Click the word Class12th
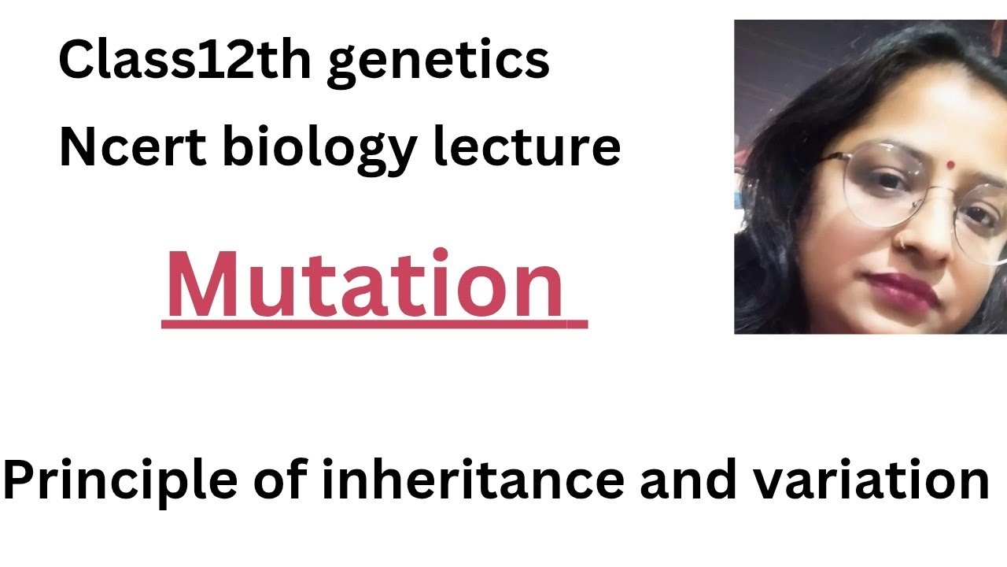click(x=186, y=61)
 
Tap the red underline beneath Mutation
click(x=374, y=322)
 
